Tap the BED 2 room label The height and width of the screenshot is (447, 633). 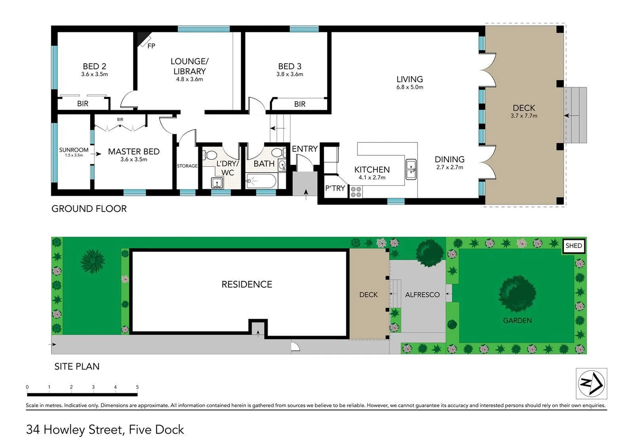point(94,66)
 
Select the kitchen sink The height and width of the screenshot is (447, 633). point(411,169)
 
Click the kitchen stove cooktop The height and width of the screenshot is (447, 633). point(356,192)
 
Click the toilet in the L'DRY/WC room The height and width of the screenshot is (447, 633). point(210,155)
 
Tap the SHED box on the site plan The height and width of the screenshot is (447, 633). point(574,245)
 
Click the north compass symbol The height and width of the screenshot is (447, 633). point(591,383)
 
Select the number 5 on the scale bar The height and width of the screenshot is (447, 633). point(137,387)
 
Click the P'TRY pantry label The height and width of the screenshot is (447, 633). point(335,188)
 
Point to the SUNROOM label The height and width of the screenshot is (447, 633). point(74,150)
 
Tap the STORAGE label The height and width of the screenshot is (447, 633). point(187,166)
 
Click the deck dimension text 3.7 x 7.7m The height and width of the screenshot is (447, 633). point(524,116)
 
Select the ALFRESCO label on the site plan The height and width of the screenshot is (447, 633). point(422,295)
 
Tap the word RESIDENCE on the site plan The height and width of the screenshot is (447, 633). point(247,284)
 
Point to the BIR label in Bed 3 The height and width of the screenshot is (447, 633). point(300,104)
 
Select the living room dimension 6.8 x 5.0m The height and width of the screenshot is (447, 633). point(409,87)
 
